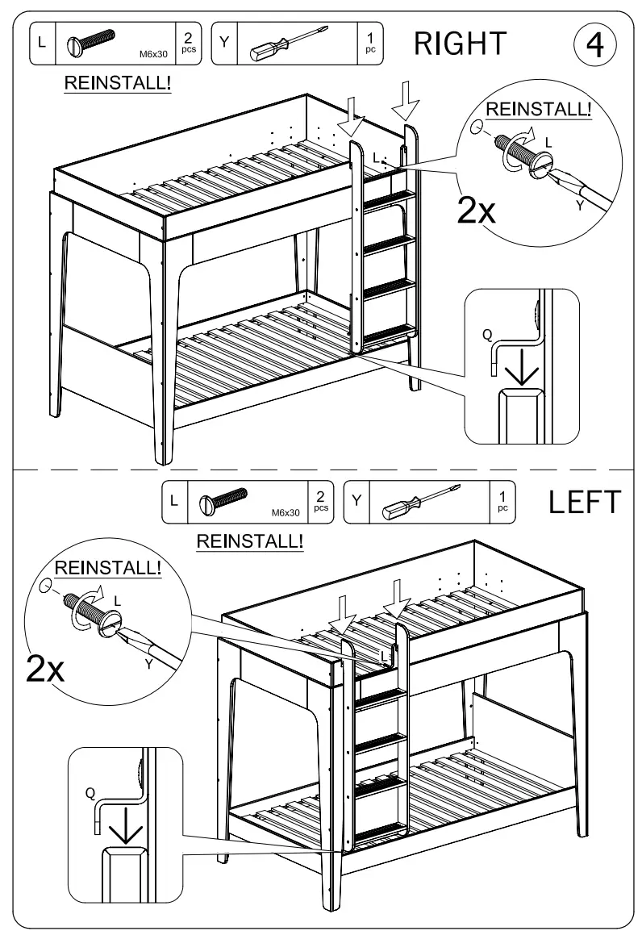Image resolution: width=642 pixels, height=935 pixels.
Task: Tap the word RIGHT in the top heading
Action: click(460, 44)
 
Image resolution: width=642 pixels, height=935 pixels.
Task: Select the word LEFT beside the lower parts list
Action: click(585, 502)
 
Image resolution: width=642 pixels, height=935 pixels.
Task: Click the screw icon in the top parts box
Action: click(90, 44)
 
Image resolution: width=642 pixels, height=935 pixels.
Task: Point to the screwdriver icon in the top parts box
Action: click(286, 44)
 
